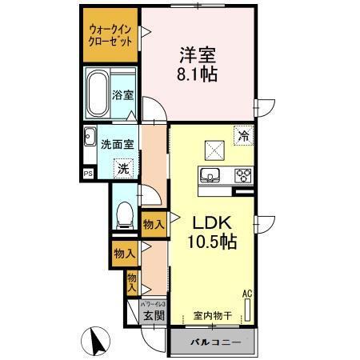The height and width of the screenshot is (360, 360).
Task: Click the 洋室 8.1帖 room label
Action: [x=196, y=62]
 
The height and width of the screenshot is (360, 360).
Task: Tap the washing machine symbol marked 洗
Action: [x=123, y=168]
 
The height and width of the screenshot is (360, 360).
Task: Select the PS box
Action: [x=87, y=172]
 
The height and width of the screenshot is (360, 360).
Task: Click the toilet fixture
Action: [x=123, y=215]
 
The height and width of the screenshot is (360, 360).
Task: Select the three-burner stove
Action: [x=242, y=176]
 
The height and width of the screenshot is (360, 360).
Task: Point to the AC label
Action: [x=246, y=295]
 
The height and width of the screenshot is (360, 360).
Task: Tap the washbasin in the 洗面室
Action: [x=89, y=138]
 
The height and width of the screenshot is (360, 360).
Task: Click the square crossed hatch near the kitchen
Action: [x=214, y=148]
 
